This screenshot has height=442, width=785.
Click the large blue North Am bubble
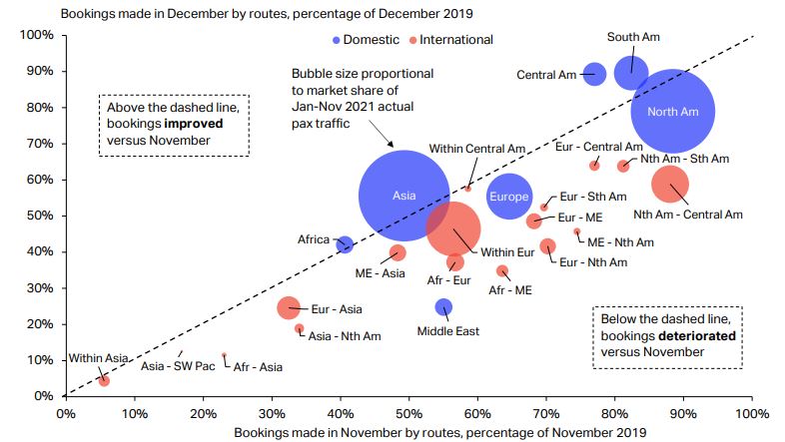(x=673, y=111)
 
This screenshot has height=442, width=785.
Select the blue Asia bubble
(x=403, y=196)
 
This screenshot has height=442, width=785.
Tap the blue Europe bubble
(x=509, y=197)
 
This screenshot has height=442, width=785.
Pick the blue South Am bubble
(x=631, y=72)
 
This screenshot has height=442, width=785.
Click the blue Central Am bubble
(x=594, y=74)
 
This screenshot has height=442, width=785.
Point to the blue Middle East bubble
(x=444, y=307)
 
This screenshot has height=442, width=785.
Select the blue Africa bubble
(x=346, y=244)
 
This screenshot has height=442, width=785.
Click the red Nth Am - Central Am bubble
(x=670, y=184)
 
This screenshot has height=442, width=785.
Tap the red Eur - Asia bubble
(x=289, y=308)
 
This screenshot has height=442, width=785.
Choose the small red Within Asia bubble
(x=104, y=380)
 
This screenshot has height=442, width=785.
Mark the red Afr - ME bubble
(x=502, y=270)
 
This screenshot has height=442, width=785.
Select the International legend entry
(x=455, y=40)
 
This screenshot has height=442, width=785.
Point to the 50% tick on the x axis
(x=408, y=410)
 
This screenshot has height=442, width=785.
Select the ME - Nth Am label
(x=620, y=241)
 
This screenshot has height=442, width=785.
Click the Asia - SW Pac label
(x=178, y=366)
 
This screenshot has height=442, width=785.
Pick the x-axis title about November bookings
(x=408, y=432)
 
